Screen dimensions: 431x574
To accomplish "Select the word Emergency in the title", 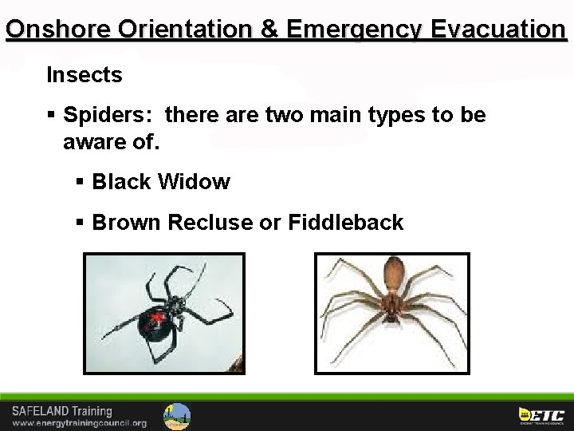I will click(x=350, y=30).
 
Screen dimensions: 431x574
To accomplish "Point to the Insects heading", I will click(x=84, y=75).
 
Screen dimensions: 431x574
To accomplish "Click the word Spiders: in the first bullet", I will click(x=98, y=117).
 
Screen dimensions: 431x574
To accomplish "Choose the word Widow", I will click(x=194, y=182).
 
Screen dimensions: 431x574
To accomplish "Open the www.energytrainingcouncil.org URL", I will click(x=78, y=422).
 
